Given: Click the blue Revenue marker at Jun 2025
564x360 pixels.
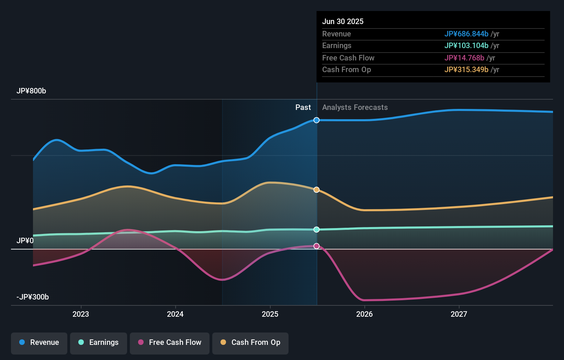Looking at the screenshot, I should [x=316, y=120].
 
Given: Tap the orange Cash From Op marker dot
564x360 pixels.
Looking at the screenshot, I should [x=316, y=190].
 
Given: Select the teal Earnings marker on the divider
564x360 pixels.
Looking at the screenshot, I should [x=316, y=229].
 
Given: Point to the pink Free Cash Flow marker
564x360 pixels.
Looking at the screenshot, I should [x=316, y=246].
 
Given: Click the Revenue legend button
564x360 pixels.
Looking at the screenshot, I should [x=39, y=342].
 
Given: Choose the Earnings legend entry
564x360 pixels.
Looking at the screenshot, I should [x=99, y=342].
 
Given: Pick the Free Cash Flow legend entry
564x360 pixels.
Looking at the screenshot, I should [x=170, y=342].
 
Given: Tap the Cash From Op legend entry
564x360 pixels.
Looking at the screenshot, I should [x=250, y=342].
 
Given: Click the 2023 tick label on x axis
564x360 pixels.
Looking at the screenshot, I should [x=81, y=314].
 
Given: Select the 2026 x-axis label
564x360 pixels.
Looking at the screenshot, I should [x=364, y=314].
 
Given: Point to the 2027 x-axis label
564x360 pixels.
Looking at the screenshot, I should [x=459, y=314].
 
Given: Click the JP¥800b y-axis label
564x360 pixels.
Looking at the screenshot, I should [x=31, y=91].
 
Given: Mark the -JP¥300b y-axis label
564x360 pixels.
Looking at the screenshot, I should [x=33, y=297].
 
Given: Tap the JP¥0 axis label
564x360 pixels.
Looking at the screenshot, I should [x=25, y=241].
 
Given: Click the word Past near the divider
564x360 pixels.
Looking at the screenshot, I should [x=303, y=108].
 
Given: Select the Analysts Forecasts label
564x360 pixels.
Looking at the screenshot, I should [x=355, y=108].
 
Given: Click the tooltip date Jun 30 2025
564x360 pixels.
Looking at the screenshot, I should [x=343, y=21].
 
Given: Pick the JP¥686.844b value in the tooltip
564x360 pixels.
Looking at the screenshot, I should [x=466, y=34].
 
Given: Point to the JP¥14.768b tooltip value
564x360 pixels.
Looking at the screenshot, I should [x=464, y=58].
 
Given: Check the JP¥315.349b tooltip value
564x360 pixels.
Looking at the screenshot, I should [x=466, y=69].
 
